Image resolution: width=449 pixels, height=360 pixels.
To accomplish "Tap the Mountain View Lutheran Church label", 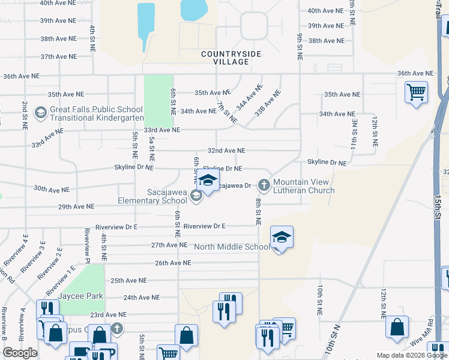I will point(303,186).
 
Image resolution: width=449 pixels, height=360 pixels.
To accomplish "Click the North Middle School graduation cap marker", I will point(281,238).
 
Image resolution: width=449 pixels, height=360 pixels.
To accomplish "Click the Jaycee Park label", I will point(80,296).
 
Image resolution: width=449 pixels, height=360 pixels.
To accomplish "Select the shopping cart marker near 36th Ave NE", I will point(415,93).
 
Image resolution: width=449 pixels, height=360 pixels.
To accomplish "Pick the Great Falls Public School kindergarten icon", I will point(41,112).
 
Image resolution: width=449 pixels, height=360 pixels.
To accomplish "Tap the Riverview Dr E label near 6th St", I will point(204,226).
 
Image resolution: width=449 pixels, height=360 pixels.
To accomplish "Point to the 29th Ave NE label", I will point(76,206).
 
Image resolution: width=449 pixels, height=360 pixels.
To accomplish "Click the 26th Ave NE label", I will point(172,263).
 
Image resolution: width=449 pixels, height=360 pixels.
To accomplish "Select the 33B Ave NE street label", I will point(267,103).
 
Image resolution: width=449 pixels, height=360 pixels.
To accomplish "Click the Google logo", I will point(20,353).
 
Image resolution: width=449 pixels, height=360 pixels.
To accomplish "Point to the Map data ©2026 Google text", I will point(412,355).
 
